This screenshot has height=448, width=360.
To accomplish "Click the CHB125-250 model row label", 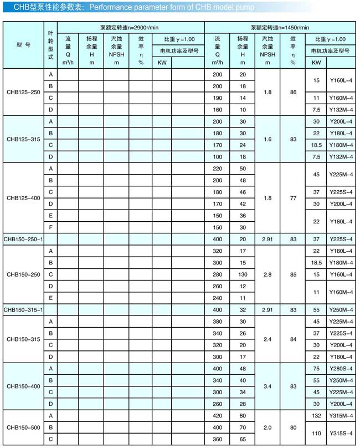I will click(22, 92).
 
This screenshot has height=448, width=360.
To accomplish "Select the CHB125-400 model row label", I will click(22, 197).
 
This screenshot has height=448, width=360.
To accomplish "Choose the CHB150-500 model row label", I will click(22, 428).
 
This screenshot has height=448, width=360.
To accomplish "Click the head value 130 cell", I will click(243, 274).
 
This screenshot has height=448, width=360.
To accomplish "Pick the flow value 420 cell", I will click(217, 415).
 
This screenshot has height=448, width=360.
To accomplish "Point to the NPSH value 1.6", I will click(268, 139).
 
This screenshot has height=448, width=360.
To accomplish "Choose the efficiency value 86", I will click(293, 92).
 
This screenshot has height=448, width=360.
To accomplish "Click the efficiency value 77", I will click(293, 197).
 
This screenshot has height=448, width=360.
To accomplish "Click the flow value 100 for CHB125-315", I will click(217, 156).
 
